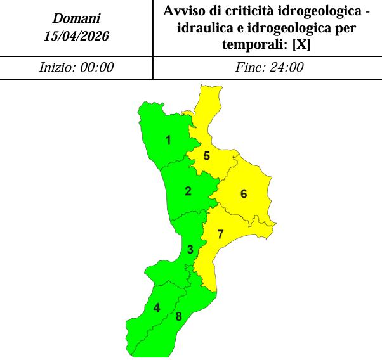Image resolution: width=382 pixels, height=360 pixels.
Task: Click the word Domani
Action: click(76, 20)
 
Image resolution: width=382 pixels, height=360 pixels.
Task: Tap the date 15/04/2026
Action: click(76, 36)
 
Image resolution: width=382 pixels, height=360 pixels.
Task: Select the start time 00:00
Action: click(96, 68)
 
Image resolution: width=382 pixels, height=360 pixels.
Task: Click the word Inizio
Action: click(57, 68)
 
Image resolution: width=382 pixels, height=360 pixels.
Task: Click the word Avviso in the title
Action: click(185, 11)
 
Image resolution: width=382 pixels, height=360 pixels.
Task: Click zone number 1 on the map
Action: click(168, 140)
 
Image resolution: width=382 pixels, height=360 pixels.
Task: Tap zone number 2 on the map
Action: click(188, 191)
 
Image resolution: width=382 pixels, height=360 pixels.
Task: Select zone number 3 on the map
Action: click(190, 249)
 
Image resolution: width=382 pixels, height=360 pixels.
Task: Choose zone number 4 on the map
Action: click(157, 308)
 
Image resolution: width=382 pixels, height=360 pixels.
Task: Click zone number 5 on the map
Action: click(206, 155)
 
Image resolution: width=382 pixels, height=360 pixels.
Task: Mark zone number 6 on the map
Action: click(243, 194)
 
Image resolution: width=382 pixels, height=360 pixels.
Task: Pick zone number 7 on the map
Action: click(220, 235)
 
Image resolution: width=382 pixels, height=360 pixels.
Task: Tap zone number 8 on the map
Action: click(179, 317)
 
